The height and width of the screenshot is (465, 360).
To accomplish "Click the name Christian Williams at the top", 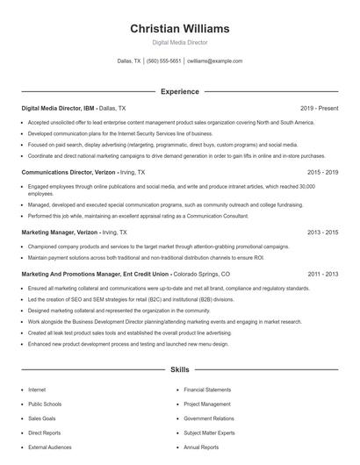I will (x=179, y=28).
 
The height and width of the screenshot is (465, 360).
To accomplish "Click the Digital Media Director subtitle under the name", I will (x=179, y=42).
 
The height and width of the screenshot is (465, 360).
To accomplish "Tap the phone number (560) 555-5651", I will (x=164, y=61).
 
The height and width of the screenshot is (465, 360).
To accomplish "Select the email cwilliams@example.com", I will (x=215, y=61).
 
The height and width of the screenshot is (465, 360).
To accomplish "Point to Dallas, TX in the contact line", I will (x=128, y=61).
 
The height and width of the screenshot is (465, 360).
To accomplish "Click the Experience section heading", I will (x=179, y=91).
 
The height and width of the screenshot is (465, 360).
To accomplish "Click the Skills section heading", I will (x=179, y=370).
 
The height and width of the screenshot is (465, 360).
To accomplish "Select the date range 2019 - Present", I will (x=319, y=108).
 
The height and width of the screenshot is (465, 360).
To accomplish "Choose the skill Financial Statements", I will (x=207, y=390).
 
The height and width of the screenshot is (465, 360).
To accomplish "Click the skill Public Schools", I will (x=46, y=404).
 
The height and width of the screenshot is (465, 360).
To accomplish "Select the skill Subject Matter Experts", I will (x=209, y=433).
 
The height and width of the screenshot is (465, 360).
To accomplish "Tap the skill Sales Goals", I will (x=41, y=418).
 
